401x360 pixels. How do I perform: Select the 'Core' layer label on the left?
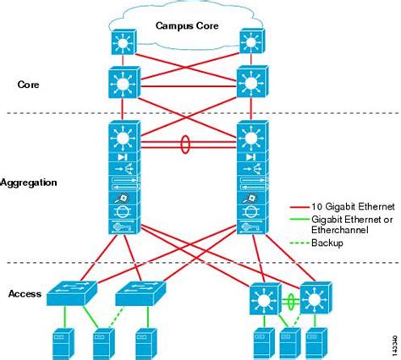(x=29, y=85)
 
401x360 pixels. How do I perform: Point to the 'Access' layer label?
(x=25, y=293)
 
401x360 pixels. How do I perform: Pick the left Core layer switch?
(x=122, y=84)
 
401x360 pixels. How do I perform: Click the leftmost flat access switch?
(x=72, y=294)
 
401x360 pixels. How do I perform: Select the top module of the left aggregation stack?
(x=122, y=137)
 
